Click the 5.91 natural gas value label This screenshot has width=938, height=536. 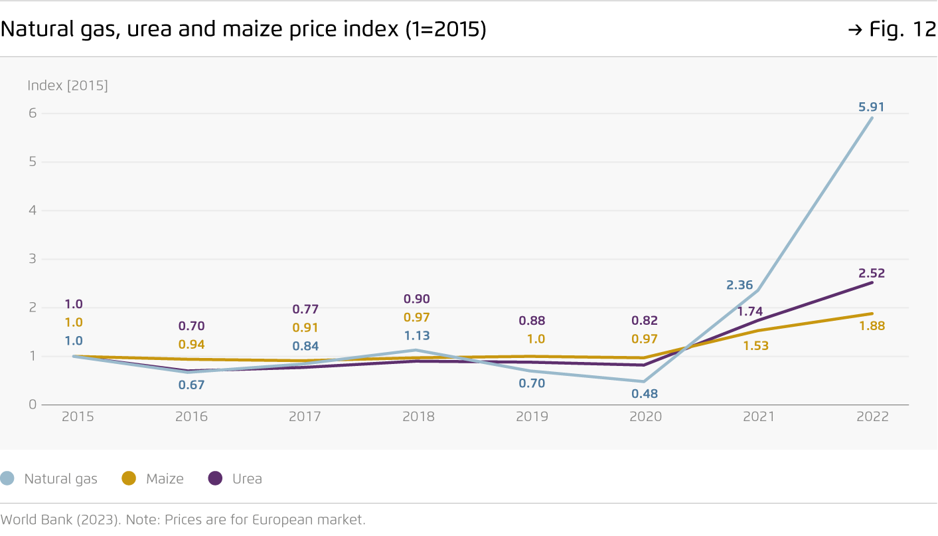coord(871,107)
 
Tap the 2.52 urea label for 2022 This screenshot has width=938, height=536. coord(872,274)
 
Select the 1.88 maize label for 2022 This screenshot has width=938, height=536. coord(872,326)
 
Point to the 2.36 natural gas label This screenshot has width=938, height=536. coord(740,285)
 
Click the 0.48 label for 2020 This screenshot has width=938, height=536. coord(645,394)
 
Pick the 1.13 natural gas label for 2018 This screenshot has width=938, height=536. coord(418,336)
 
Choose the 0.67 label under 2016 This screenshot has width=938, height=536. coord(191,385)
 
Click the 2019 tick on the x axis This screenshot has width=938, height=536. coord(532,417)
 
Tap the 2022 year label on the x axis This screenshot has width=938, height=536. coord(872,417)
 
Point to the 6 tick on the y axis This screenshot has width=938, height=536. coord(31,114)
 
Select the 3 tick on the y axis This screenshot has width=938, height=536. coord(31,259)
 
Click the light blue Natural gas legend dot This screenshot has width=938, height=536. coord(7,478)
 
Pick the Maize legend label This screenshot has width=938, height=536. coord(165,479)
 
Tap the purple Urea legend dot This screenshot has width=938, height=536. coord(216,478)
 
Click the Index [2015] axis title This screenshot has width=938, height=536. coord(67,86)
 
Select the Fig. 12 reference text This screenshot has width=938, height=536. coord(901,30)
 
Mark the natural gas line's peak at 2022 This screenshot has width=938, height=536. coord(872,118)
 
